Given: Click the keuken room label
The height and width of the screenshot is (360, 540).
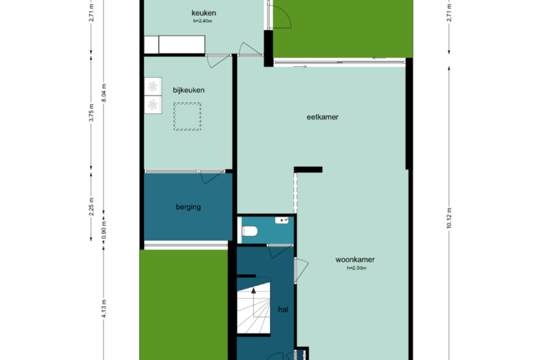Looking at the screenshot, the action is tap(204, 13).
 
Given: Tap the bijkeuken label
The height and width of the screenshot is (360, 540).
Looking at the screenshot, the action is tap(188, 90).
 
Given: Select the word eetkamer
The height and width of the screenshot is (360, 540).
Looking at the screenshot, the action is tap(323, 117).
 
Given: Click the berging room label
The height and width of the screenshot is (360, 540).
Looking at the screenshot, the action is tap(188, 207).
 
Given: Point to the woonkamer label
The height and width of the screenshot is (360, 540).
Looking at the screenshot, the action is tap(355, 260).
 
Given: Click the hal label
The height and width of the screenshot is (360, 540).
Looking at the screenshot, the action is tap(283, 310).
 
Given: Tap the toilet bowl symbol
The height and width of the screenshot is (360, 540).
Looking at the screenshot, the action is tap(250, 231).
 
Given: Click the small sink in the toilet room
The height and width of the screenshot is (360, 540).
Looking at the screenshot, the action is tap(281, 220).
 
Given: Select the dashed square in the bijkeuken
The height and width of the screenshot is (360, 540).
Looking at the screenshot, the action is tap(187, 117).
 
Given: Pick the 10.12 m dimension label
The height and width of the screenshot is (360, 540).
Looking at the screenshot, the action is tap(449, 218).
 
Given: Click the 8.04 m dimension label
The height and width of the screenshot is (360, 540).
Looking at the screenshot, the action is tap(104, 92).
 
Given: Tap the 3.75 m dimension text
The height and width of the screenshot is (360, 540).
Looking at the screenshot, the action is tap(91, 113).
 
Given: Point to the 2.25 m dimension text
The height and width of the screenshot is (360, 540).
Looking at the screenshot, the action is tap(91, 206).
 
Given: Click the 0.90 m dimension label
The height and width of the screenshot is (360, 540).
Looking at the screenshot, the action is tap(104, 230).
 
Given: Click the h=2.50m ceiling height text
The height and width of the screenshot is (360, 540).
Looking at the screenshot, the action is tap(357, 268).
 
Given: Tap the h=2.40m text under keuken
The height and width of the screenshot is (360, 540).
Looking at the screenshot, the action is tap(202, 21).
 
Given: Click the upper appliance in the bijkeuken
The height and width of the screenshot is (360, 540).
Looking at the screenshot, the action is tap(153, 87).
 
